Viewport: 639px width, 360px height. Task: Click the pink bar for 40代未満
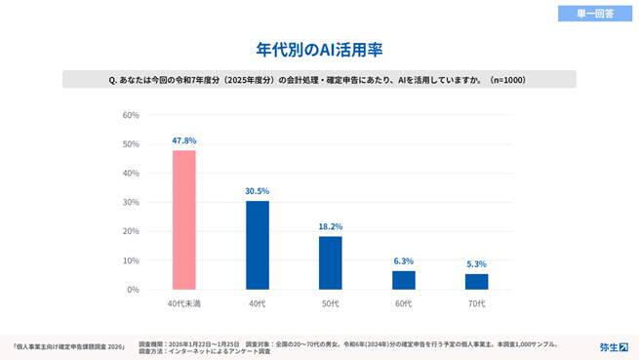[x=183, y=220]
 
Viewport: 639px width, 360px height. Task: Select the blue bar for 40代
[x=257, y=245]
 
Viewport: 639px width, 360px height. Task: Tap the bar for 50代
[x=330, y=262]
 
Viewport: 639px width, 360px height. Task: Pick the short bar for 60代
[x=403, y=280]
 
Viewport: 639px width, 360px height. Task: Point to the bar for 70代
[x=476, y=282]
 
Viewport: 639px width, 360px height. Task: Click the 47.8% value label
[x=183, y=140]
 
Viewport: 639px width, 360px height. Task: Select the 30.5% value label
[x=257, y=191]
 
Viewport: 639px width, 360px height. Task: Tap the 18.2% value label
[x=330, y=226]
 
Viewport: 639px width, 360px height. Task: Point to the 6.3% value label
[x=403, y=261]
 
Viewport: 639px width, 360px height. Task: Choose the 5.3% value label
[x=476, y=264]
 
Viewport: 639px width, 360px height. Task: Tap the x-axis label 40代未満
[x=183, y=305]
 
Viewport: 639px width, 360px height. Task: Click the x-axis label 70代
[x=476, y=305]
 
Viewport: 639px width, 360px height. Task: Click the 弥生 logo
[x=614, y=346]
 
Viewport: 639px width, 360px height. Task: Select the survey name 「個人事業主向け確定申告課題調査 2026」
[x=68, y=346]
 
